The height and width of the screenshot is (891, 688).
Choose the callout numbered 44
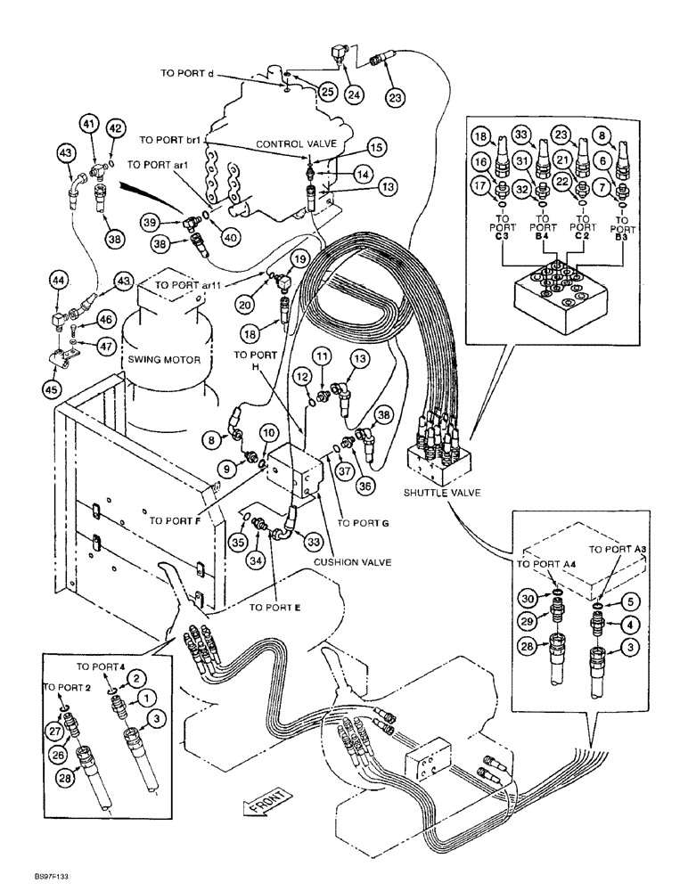(x=59, y=282)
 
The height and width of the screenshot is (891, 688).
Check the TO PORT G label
(x=362, y=523)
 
